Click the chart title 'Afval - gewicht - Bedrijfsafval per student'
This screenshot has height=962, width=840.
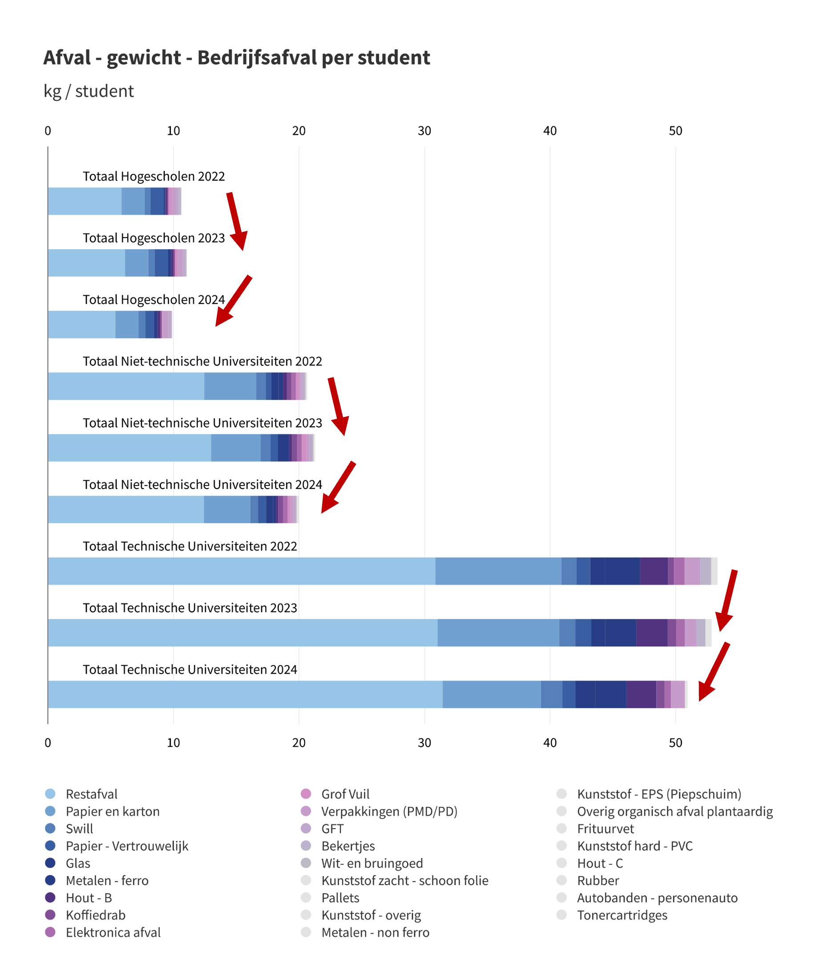(236, 58)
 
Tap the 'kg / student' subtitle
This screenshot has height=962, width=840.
(89, 91)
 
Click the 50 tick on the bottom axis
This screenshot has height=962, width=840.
(675, 743)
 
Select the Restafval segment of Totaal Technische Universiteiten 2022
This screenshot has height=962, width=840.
(242, 571)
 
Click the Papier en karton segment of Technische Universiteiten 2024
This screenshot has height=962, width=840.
(491, 694)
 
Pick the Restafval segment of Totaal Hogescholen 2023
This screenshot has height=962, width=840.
(86, 263)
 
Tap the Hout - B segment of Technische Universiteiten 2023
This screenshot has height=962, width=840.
(651, 632)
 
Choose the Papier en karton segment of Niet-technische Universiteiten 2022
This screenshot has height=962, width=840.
(230, 386)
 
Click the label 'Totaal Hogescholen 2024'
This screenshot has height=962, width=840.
(154, 299)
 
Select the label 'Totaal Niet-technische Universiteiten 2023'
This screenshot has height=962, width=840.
(202, 423)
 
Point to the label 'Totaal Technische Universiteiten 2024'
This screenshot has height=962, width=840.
(190, 670)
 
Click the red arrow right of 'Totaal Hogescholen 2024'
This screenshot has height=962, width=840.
(233, 301)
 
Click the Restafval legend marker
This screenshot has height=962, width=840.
(50, 794)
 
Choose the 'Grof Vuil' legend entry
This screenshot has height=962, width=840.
(345, 794)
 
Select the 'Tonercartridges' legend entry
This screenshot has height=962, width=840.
(622, 915)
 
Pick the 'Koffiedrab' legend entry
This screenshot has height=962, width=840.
(96, 915)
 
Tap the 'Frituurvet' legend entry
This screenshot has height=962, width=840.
(605, 829)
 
